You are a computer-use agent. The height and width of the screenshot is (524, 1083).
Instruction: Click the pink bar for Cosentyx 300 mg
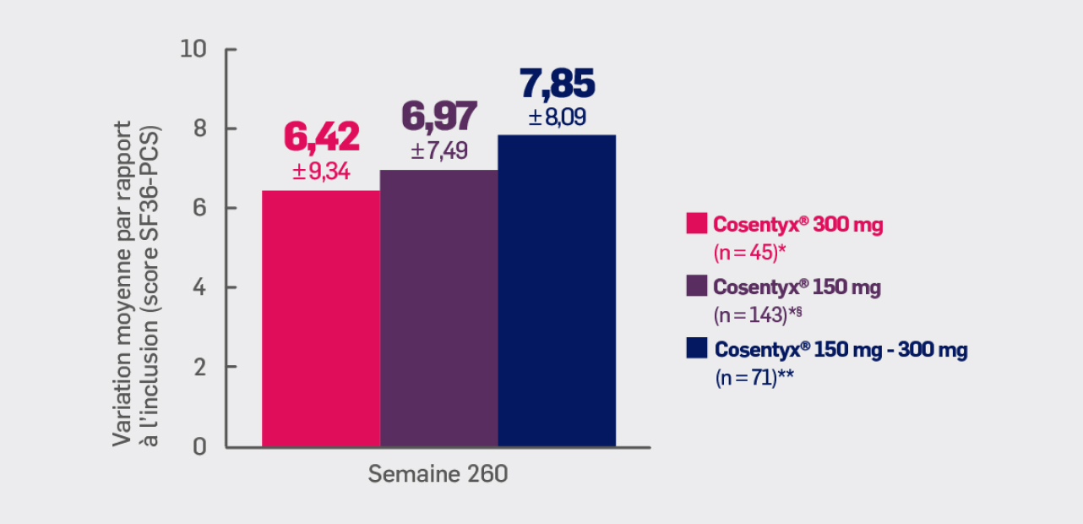pyautogui.click(x=321, y=319)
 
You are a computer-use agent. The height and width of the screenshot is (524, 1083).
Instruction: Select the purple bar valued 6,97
pyautogui.click(x=438, y=308)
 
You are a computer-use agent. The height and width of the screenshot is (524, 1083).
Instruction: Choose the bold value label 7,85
pyautogui.click(x=558, y=84)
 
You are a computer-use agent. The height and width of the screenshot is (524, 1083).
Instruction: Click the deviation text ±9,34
pyautogui.click(x=321, y=172)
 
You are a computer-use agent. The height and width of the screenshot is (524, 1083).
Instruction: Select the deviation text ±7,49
pyautogui.click(x=439, y=151)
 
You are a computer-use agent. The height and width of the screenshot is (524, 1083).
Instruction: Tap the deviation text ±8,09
pyautogui.click(x=558, y=117)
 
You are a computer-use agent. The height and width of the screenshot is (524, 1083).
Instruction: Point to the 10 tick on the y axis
pyautogui.click(x=194, y=49)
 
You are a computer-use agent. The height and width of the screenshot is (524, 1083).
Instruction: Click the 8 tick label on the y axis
pyautogui.click(x=200, y=128)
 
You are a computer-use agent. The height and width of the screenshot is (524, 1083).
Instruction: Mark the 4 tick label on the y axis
pyautogui.click(x=200, y=287)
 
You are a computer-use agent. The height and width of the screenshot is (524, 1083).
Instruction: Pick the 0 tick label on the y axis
pyautogui.click(x=200, y=446)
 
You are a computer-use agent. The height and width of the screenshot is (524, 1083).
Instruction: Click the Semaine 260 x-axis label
pyautogui.click(x=438, y=474)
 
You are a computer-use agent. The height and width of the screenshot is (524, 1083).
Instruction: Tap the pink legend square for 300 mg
pyautogui.click(x=696, y=224)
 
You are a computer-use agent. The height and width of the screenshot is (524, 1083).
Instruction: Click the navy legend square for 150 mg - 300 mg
pyautogui.click(x=696, y=348)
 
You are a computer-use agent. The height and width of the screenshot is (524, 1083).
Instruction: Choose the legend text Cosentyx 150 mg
pyautogui.click(x=797, y=287)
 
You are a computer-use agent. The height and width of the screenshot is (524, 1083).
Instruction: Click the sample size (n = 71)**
pyautogui.click(x=755, y=377)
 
